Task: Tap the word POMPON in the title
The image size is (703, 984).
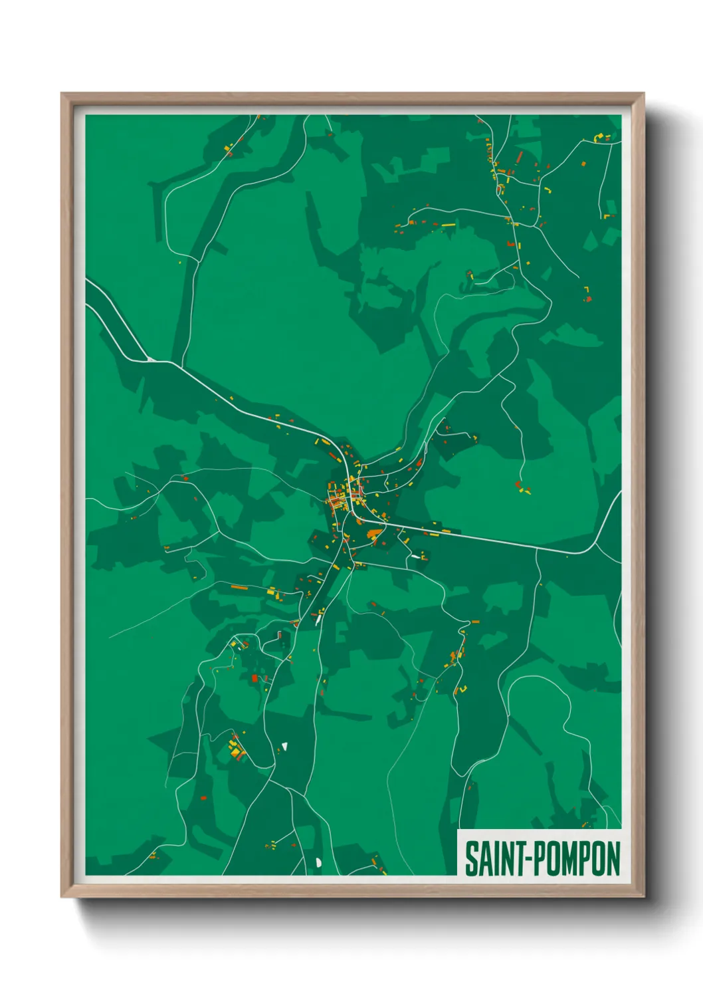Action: click(x=577, y=858)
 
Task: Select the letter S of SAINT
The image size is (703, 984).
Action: click(x=470, y=858)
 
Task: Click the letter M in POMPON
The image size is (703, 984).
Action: click(x=571, y=858)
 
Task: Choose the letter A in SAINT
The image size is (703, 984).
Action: click(x=483, y=858)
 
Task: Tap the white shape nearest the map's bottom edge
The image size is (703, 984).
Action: click(x=318, y=862)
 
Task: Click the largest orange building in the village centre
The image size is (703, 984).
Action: click(x=373, y=532)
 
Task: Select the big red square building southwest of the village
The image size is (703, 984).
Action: click(x=254, y=678)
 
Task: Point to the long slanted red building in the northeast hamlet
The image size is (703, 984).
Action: click(x=520, y=158)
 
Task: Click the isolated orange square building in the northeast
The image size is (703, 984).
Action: click(x=584, y=163)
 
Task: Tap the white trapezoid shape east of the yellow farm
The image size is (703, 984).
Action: click(x=284, y=746)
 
